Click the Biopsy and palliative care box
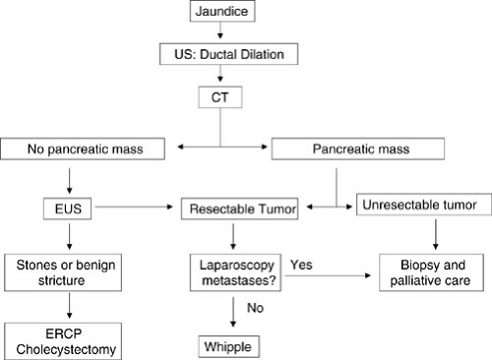[432, 272]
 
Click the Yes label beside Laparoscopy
[302, 264]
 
